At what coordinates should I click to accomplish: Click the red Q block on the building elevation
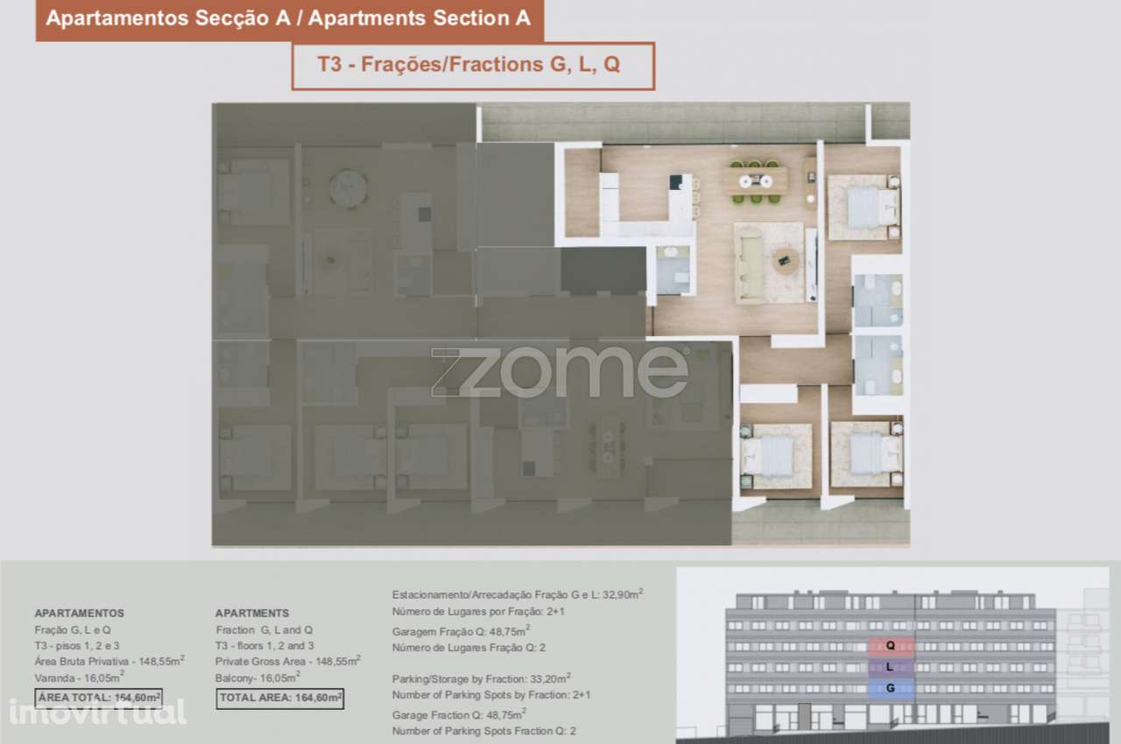[x=891, y=647]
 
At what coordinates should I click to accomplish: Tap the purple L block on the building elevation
[x=891, y=667]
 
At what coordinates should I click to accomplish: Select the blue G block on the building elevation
[x=891, y=688]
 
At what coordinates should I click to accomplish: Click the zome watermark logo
[x=560, y=372]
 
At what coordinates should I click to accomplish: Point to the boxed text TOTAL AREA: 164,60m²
[x=279, y=698]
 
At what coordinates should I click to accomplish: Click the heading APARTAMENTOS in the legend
[x=79, y=613]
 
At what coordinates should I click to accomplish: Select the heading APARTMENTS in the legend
[x=252, y=613]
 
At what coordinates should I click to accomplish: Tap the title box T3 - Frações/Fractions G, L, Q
[x=473, y=66]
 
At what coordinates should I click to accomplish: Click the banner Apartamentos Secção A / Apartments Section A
[x=289, y=19]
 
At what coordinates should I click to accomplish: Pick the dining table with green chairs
[x=755, y=181]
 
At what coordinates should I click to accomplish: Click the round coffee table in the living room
[x=786, y=259]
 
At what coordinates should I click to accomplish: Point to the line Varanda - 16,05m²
[x=80, y=678]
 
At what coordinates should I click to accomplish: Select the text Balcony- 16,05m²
[x=257, y=678]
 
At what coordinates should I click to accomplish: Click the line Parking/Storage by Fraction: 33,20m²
[x=482, y=677]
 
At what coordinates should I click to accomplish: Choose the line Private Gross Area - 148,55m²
[x=287, y=662]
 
